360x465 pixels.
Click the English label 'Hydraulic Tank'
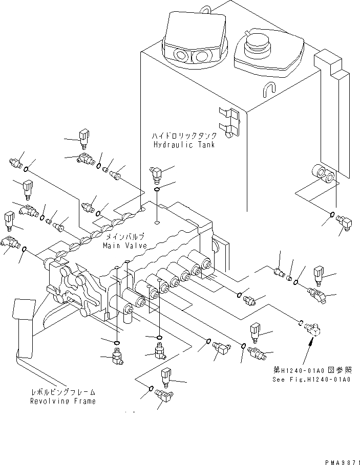(x=184, y=145)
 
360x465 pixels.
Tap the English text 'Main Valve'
(x=124, y=246)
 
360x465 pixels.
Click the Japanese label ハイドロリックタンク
(x=184, y=136)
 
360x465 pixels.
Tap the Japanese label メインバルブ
(x=125, y=237)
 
